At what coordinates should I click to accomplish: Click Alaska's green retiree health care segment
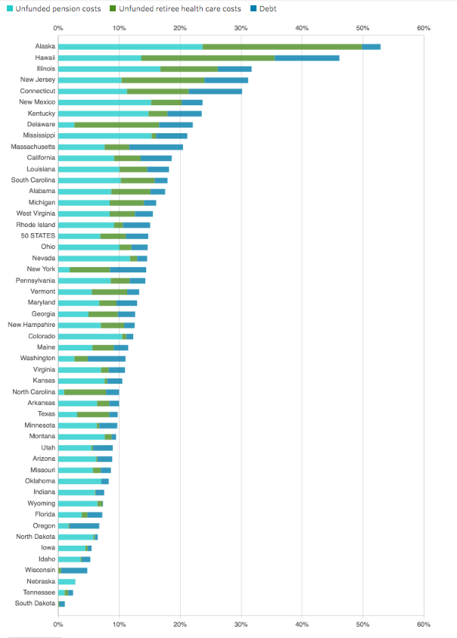pyautogui.click(x=282, y=46)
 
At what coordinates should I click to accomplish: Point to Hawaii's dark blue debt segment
pyautogui.click(x=306, y=58)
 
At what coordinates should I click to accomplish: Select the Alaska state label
pyautogui.click(x=45, y=46)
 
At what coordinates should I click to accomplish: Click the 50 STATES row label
pyautogui.click(x=38, y=235)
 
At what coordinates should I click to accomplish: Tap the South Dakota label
pyautogui.click(x=35, y=603)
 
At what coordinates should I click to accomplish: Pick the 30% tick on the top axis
pyautogui.click(x=241, y=28)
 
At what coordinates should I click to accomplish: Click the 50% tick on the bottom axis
pyautogui.click(x=362, y=624)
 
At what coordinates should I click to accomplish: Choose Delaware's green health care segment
pyautogui.click(x=117, y=124)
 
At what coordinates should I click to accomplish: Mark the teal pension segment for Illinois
pyautogui.click(x=109, y=69)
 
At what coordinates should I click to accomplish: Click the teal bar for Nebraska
pyautogui.click(x=67, y=581)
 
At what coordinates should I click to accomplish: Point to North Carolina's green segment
pyautogui.click(x=85, y=392)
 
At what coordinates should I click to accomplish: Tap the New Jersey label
pyautogui.click(x=38, y=79)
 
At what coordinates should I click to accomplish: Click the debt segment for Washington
pyautogui.click(x=107, y=358)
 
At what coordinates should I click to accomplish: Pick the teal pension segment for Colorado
pyautogui.click(x=90, y=336)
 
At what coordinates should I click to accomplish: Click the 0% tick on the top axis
pyautogui.click(x=58, y=28)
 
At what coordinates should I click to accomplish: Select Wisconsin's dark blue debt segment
pyautogui.click(x=75, y=570)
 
